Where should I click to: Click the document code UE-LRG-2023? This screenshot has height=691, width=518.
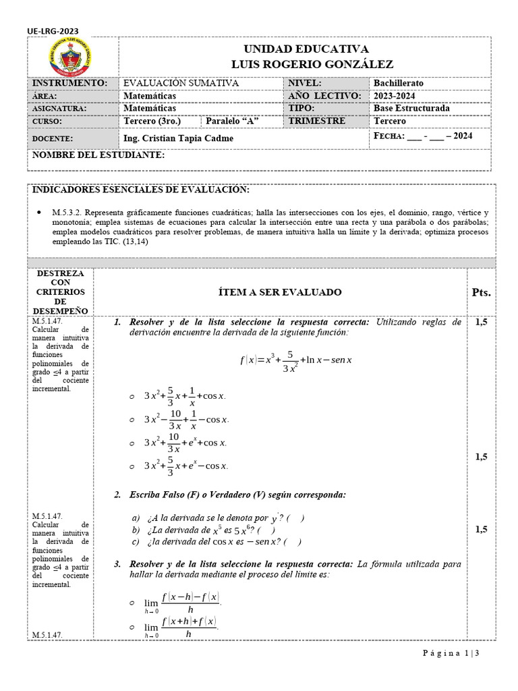[x=51, y=30]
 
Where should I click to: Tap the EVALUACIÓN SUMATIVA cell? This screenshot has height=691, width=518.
[x=181, y=83]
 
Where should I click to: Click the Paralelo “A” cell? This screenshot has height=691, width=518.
[x=233, y=121]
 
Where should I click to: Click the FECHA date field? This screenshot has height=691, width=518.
[x=423, y=136]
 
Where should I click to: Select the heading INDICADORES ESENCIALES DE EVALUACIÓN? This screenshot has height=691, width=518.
[x=141, y=190]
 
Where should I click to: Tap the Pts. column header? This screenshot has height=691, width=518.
[x=481, y=293]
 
